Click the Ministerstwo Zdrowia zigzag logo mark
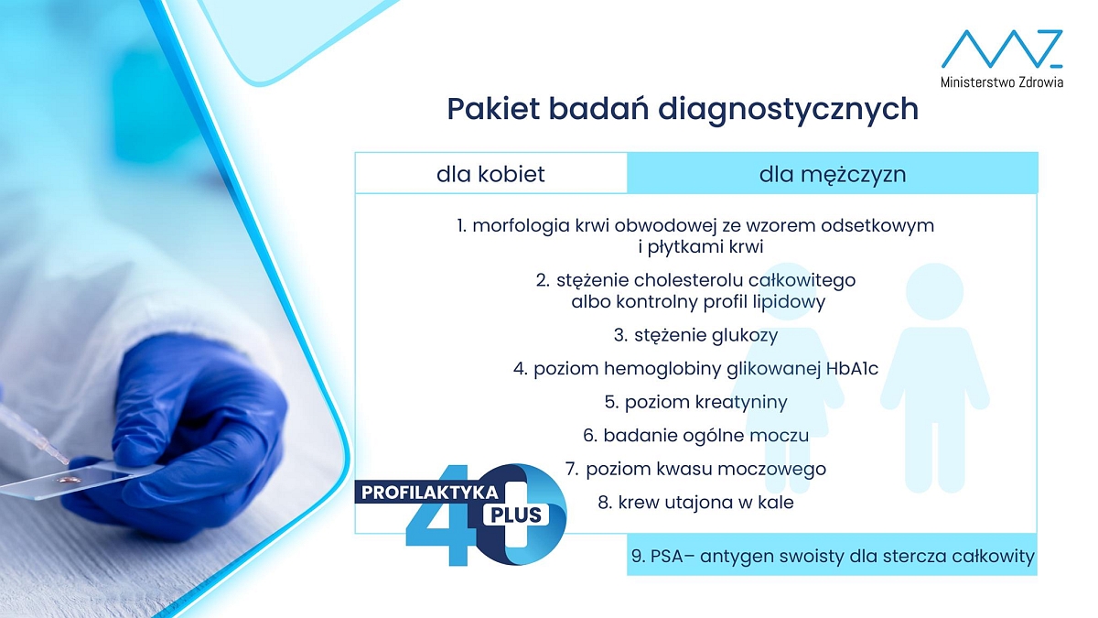(x=1002, y=49)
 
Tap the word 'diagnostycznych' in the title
(x=788, y=109)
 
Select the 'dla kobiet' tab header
(x=490, y=174)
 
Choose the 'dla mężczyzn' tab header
(x=833, y=174)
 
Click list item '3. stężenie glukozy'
(x=695, y=335)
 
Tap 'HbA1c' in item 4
(x=853, y=368)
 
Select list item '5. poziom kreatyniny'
(x=695, y=402)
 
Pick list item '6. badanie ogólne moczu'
(x=695, y=436)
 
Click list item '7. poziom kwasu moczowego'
(x=695, y=469)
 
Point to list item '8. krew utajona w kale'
(x=695, y=503)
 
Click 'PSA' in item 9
(x=666, y=557)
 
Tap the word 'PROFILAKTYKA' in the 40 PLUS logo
(x=429, y=493)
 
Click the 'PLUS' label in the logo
(x=516, y=515)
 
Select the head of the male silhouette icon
(x=934, y=291)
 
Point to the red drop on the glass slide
(x=68, y=480)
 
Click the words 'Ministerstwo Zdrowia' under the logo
(x=1002, y=81)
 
